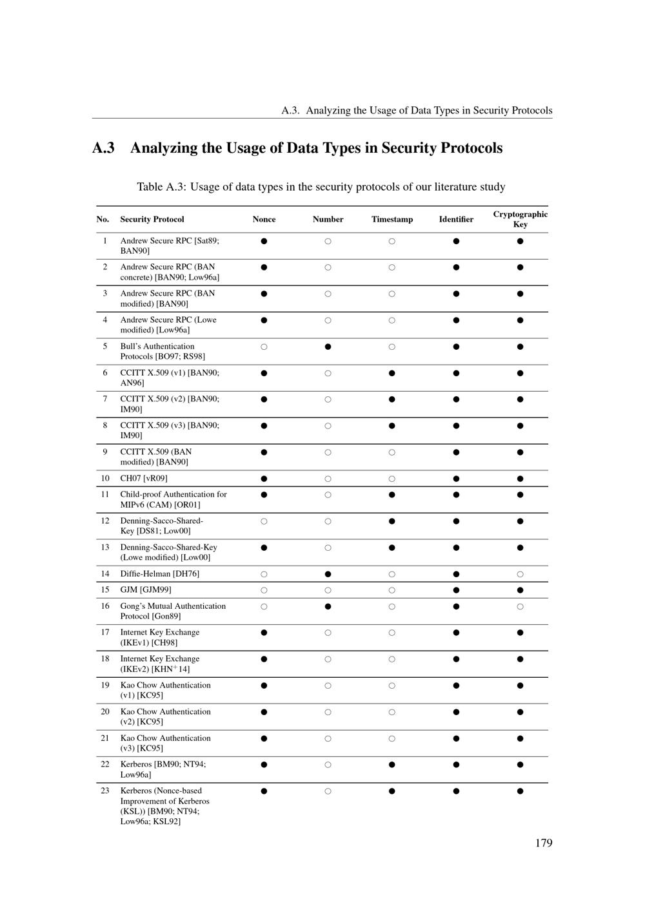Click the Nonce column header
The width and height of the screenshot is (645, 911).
(264, 219)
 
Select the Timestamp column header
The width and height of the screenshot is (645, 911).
(392, 219)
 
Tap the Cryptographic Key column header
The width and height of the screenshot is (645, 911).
(520, 219)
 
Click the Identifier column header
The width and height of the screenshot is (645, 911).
(456, 219)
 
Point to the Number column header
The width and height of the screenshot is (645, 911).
(328, 219)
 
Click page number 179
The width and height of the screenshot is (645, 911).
(544, 843)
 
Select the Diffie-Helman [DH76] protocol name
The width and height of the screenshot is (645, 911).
(159, 574)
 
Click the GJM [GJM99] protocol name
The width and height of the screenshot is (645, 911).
(146, 590)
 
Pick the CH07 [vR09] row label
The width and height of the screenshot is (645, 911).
(144, 478)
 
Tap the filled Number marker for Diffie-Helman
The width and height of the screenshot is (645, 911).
(328, 574)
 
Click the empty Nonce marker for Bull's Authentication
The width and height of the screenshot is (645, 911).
(264, 347)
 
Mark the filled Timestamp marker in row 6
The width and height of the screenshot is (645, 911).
(392, 373)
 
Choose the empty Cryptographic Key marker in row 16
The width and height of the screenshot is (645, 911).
(520, 606)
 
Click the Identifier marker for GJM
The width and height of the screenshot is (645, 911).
(456, 590)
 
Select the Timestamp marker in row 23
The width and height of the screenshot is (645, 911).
(392, 791)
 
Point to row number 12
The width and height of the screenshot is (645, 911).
(105, 521)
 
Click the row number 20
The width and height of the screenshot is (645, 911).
(105, 711)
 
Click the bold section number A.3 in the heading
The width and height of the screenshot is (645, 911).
(103, 148)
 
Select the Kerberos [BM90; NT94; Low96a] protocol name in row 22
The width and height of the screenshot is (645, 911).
(163, 769)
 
